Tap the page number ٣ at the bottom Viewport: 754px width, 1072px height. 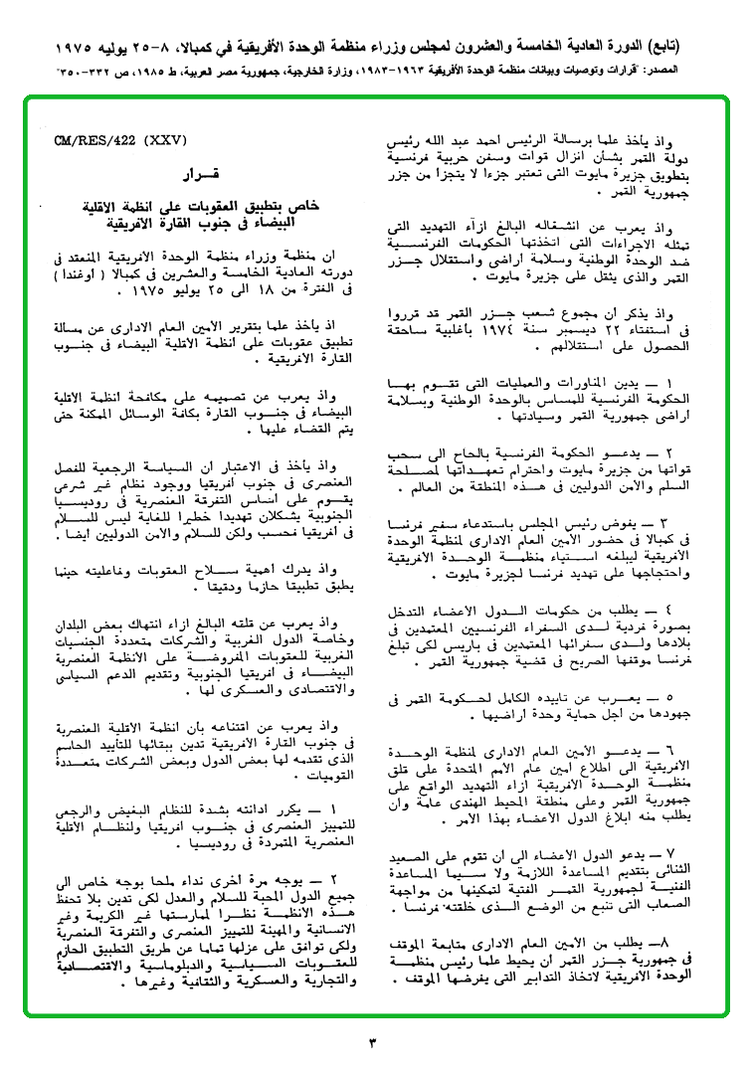373,1041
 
